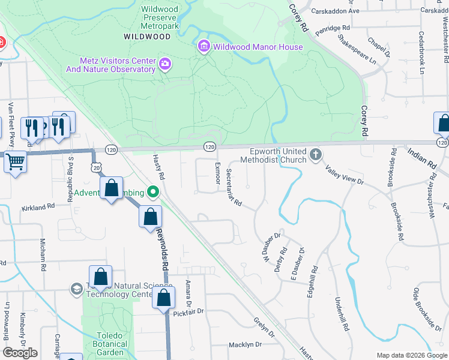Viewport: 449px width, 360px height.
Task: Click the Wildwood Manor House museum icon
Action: (204, 47)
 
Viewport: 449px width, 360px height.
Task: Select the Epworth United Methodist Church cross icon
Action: (315, 156)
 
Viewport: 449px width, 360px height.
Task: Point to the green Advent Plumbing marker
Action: (153, 193)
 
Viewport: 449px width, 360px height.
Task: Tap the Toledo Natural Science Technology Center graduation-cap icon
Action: (76, 289)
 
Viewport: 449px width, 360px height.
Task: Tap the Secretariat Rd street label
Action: (234, 188)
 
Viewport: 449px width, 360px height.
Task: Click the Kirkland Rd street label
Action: (38, 206)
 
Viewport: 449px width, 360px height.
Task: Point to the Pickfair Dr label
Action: (188, 311)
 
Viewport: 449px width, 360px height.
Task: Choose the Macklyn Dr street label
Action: (245, 344)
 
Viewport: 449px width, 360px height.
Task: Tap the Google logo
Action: (20, 353)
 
